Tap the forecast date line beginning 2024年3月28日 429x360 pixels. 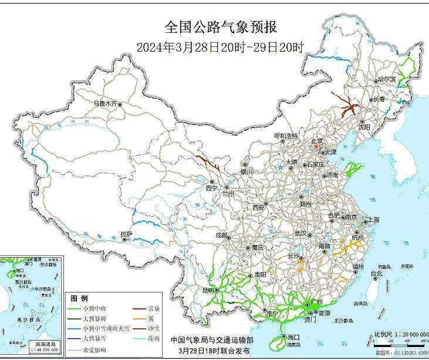[x=220, y=48]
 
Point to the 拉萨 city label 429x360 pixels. [x=126, y=234]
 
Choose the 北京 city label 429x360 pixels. [x=317, y=141]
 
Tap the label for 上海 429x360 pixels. [x=371, y=220]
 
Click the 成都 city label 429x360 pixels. [x=221, y=235]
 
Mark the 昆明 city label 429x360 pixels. [x=208, y=290]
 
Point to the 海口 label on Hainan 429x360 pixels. [x=294, y=337]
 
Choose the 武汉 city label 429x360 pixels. [x=301, y=233]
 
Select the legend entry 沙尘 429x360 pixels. [x=154, y=327]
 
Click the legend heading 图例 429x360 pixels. [x=79, y=298]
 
